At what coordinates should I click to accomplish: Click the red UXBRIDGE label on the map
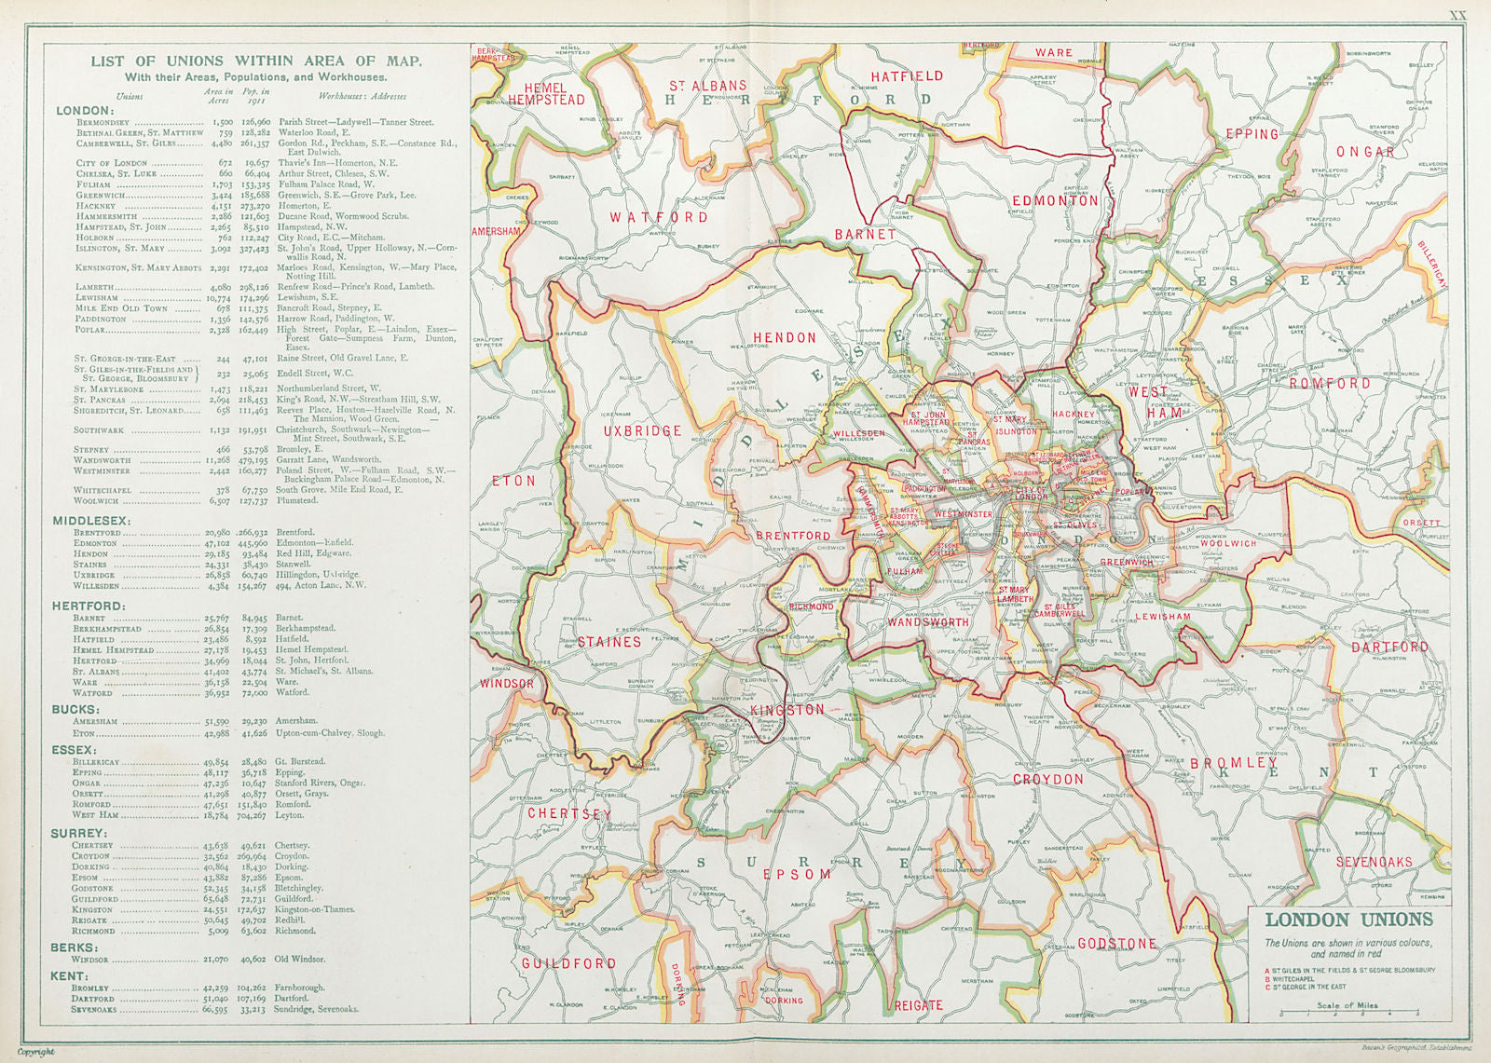point(643,431)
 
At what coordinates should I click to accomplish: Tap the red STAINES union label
point(609,642)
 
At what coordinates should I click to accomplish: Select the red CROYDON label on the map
point(1048,779)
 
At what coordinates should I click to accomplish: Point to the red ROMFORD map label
point(1330,383)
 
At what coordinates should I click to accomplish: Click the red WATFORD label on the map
point(659,217)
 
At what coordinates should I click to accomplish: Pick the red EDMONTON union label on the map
point(1055,200)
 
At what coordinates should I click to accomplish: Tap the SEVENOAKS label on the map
point(1374,862)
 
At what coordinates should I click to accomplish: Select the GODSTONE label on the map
point(1116,944)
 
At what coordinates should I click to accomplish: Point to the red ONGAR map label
point(1365,152)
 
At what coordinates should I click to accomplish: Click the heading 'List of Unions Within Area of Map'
point(255,61)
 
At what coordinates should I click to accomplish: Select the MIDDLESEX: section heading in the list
point(91,520)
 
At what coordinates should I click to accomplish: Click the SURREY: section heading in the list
point(80,833)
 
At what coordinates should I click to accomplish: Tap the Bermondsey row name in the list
point(103,122)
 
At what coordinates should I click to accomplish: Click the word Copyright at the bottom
point(36,1052)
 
